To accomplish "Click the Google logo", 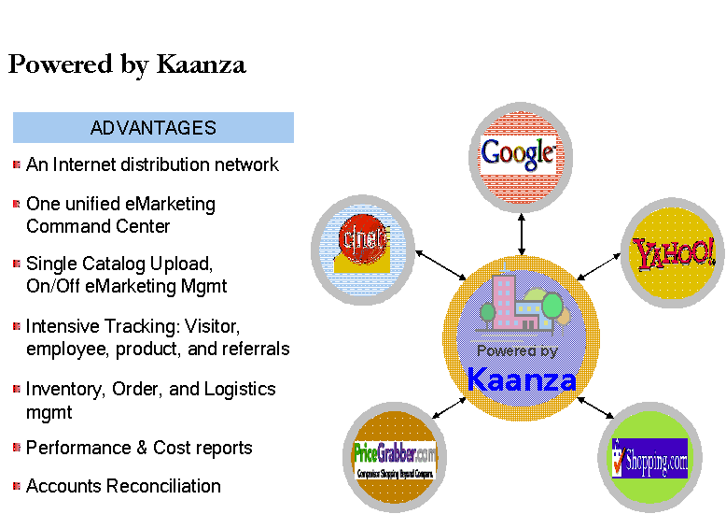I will pos(519,153).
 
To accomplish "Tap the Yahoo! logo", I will pos(674,252).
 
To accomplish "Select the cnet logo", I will pos(362,241).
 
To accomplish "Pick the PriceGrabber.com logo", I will pos(395,459).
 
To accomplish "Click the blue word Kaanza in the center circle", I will pos(521,379).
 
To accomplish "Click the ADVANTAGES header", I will pos(153,128).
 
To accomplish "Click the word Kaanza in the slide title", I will pos(201,64).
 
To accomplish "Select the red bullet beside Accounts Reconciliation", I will pos(17,486).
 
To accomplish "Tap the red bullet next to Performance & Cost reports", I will pos(17,448).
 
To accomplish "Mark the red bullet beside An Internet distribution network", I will pos(17,164).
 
